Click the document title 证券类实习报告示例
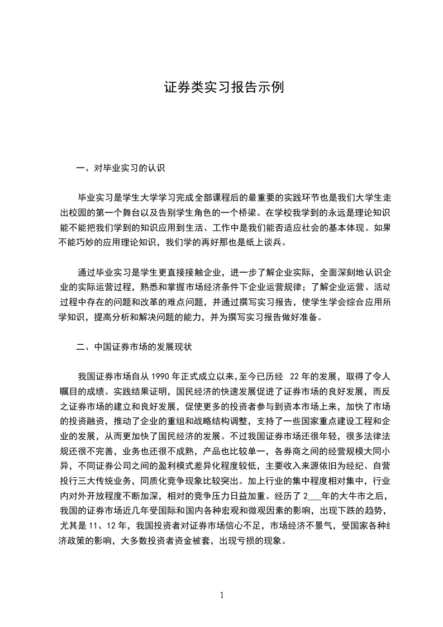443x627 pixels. [x=224, y=88]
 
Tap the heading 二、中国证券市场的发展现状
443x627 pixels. [x=134, y=347]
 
